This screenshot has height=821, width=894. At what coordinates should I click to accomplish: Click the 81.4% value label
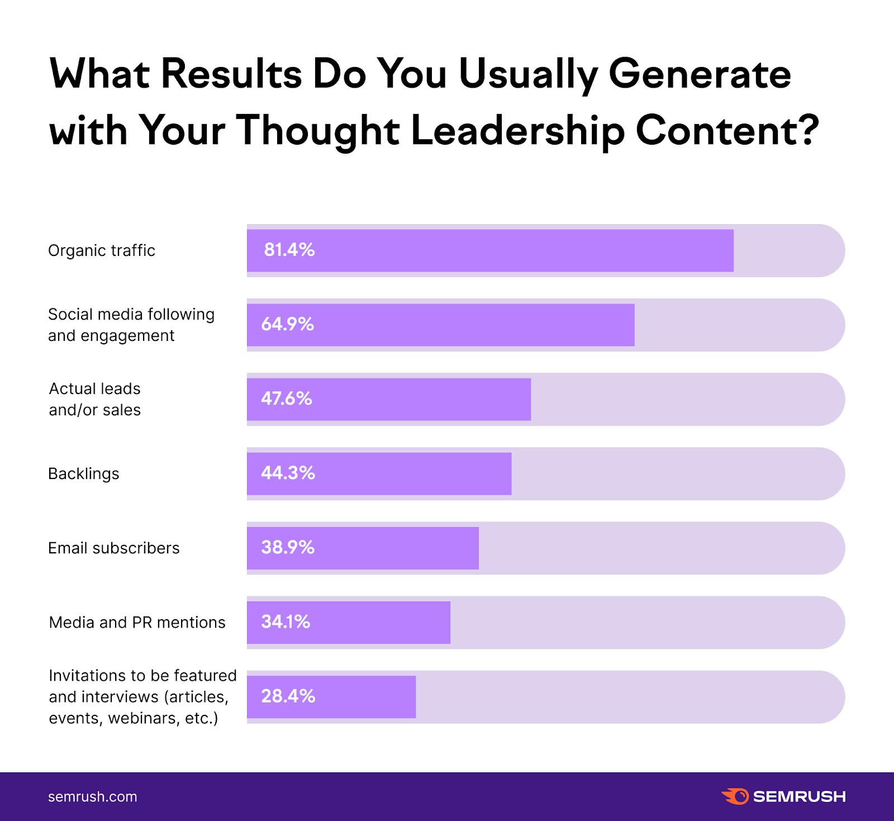[x=289, y=250]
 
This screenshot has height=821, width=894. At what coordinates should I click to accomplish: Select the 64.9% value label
[x=287, y=324]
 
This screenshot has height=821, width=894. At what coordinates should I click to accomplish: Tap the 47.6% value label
[x=286, y=398]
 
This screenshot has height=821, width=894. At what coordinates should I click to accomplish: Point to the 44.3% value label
[x=288, y=473]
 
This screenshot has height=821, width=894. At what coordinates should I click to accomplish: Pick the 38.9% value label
[x=288, y=547]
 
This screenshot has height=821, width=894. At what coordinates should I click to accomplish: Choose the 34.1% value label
[x=286, y=621]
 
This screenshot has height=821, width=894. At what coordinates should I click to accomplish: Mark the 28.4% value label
[x=288, y=696]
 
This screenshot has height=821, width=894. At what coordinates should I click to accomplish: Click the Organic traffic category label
[x=102, y=250]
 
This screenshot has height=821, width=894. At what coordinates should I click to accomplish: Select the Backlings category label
[x=84, y=474]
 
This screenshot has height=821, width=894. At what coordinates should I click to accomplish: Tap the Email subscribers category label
[x=114, y=548]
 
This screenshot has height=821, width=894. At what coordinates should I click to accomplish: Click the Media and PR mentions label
[x=137, y=623]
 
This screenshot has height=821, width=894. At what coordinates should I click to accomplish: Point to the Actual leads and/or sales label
[x=95, y=399]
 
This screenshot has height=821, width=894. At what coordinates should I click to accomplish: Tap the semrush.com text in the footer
[x=93, y=797]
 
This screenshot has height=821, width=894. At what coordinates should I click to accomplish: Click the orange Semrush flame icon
[x=735, y=796]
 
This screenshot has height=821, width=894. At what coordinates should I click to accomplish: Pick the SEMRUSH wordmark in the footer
[x=799, y=796]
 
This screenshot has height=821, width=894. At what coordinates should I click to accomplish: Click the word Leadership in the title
[x=517, y=131]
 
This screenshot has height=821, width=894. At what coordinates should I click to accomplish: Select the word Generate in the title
[x=700, y=74]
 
